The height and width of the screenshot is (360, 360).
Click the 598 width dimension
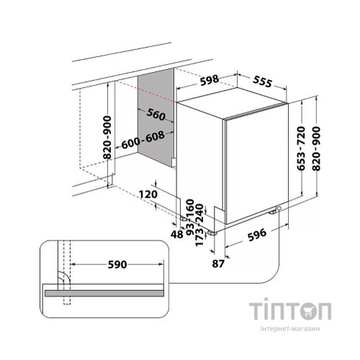point(210,81)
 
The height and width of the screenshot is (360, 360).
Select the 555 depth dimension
point(263,81)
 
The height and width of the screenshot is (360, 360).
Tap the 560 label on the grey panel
point(156,114)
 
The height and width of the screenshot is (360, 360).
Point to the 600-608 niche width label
point(143,140)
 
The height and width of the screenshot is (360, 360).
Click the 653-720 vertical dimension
point(301,148)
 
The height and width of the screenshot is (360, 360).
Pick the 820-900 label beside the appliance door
point(316,148)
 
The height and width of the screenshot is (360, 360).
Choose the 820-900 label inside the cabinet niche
point(107,138)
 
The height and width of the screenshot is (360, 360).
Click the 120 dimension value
point(148,194)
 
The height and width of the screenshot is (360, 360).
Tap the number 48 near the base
point(177,234)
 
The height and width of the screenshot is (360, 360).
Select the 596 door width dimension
point(257,235)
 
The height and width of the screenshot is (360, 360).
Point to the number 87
point(218,264)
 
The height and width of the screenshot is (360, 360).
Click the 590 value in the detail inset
point(117,264)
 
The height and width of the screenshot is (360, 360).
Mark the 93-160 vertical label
point(190,217)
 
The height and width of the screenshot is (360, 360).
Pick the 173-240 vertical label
point(199,225)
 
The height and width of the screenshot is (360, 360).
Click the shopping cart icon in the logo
point(305,311)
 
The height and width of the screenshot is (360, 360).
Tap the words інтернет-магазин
point(290,328)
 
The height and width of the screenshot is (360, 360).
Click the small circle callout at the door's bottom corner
point(279,208)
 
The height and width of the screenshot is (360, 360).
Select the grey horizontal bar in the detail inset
point(104,293)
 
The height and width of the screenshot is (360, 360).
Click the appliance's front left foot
point(212,233)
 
